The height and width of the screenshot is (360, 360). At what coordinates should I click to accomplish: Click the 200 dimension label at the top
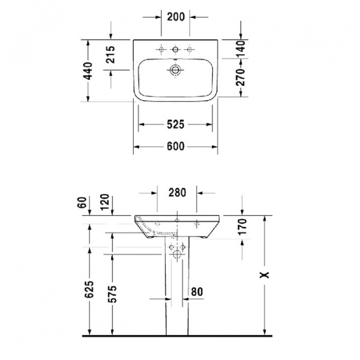tap(175, 17)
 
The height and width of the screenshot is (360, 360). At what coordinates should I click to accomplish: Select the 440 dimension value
tap(88, 71)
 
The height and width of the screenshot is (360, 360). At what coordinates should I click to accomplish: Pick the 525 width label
tap(175, 124)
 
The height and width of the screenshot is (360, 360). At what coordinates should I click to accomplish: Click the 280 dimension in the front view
tap(177, 193)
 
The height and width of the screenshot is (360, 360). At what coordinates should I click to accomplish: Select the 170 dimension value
tap(241, 227)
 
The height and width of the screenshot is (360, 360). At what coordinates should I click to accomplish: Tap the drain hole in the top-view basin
tap(175, 70)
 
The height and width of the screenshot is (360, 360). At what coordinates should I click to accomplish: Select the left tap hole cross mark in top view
tap(160, 49)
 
